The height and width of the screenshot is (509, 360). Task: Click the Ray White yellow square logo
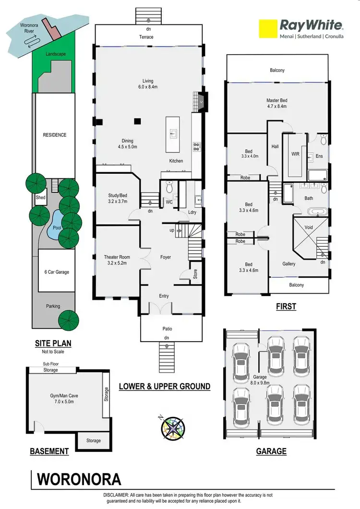268,28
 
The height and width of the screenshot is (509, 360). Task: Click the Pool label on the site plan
57,228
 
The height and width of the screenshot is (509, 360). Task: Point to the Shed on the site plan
40,197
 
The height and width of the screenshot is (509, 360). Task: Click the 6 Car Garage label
56,272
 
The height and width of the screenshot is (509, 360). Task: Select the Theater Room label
118,260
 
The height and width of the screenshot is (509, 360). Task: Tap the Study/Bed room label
118,198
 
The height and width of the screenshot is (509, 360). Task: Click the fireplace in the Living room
202,101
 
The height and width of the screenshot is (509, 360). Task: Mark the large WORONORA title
80,479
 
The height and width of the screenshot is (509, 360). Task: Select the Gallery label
289,264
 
